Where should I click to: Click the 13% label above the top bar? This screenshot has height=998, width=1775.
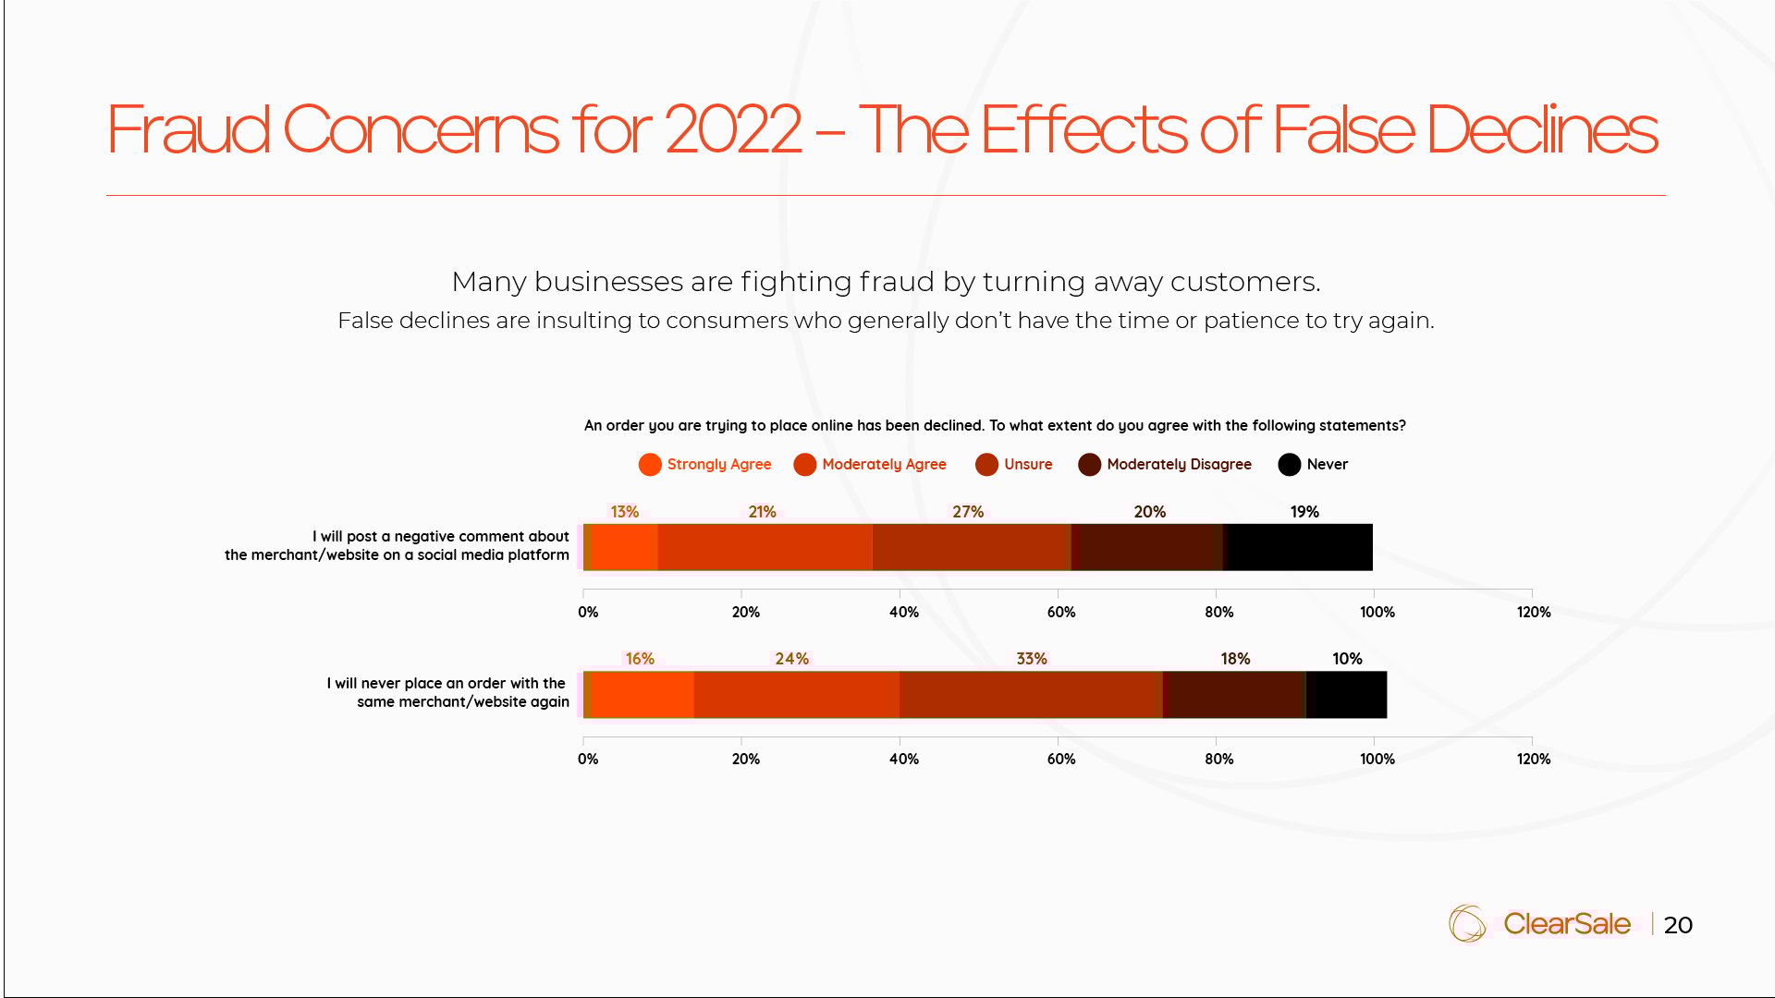coord(624,512)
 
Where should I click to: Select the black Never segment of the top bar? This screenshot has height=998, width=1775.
coord(1298,547)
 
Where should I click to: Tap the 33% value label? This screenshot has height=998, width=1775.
coord(1031,659)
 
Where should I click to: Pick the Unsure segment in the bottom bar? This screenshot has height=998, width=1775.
coord(1030,694)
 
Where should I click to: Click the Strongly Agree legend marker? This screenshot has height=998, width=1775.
coord(650,465)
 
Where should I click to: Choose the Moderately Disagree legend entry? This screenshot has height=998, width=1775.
coord(1165,465)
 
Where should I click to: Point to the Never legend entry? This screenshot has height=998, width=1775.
coord(1313,465)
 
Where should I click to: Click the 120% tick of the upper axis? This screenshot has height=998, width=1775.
coord(1533,612)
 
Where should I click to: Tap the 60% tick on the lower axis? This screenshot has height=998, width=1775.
coord(1060,759)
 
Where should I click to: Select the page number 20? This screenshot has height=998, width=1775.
coord(1677,925)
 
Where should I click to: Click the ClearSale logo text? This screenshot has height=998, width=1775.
coord(1566,924)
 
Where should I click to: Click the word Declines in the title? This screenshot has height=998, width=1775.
coord(1541,129)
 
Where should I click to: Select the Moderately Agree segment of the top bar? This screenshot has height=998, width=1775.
coord(765,547)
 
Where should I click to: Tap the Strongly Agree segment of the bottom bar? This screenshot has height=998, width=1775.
coord(642,694)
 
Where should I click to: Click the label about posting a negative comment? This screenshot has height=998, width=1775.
coord(398,545)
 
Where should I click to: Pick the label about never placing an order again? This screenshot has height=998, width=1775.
coord(447,692)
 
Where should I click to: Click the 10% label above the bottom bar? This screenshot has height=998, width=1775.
coord(1346,659)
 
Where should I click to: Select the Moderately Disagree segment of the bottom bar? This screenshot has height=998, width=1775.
coord(1234,694)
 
